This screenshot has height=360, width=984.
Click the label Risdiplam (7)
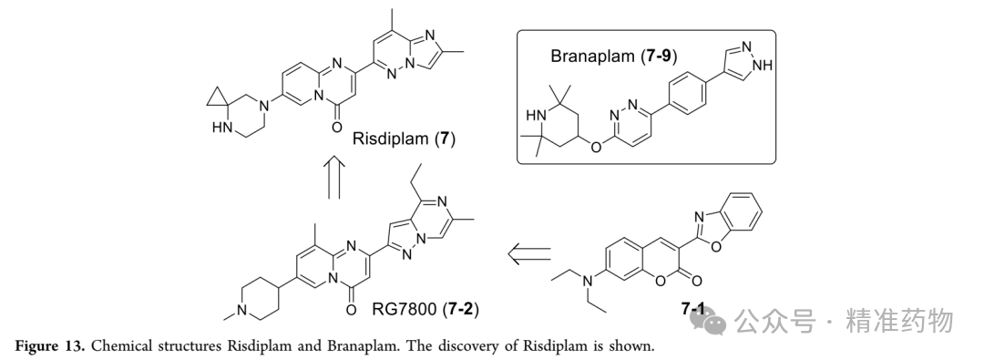tap(404, 139)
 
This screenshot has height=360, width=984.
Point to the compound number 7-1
tap(692, 308)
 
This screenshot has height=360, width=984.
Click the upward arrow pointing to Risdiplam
tap(334, 178)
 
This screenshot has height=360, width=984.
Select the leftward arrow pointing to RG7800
tap(529, 254)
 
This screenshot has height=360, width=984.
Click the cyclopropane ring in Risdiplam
tap(217, 98)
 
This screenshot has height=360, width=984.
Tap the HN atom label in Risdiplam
tap(221, 129)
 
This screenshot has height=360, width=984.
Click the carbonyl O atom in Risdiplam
tap(337, 127)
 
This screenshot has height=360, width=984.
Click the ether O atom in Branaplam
tap(596, 147)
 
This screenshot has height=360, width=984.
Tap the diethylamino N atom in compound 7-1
tap(589, 283)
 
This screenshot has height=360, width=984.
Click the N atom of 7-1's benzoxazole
tap(699, 218)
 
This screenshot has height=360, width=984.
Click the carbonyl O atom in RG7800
tap(351, 310)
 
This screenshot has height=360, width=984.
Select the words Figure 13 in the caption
tap(51, 346)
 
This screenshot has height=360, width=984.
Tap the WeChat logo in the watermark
tap(708, 322)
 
